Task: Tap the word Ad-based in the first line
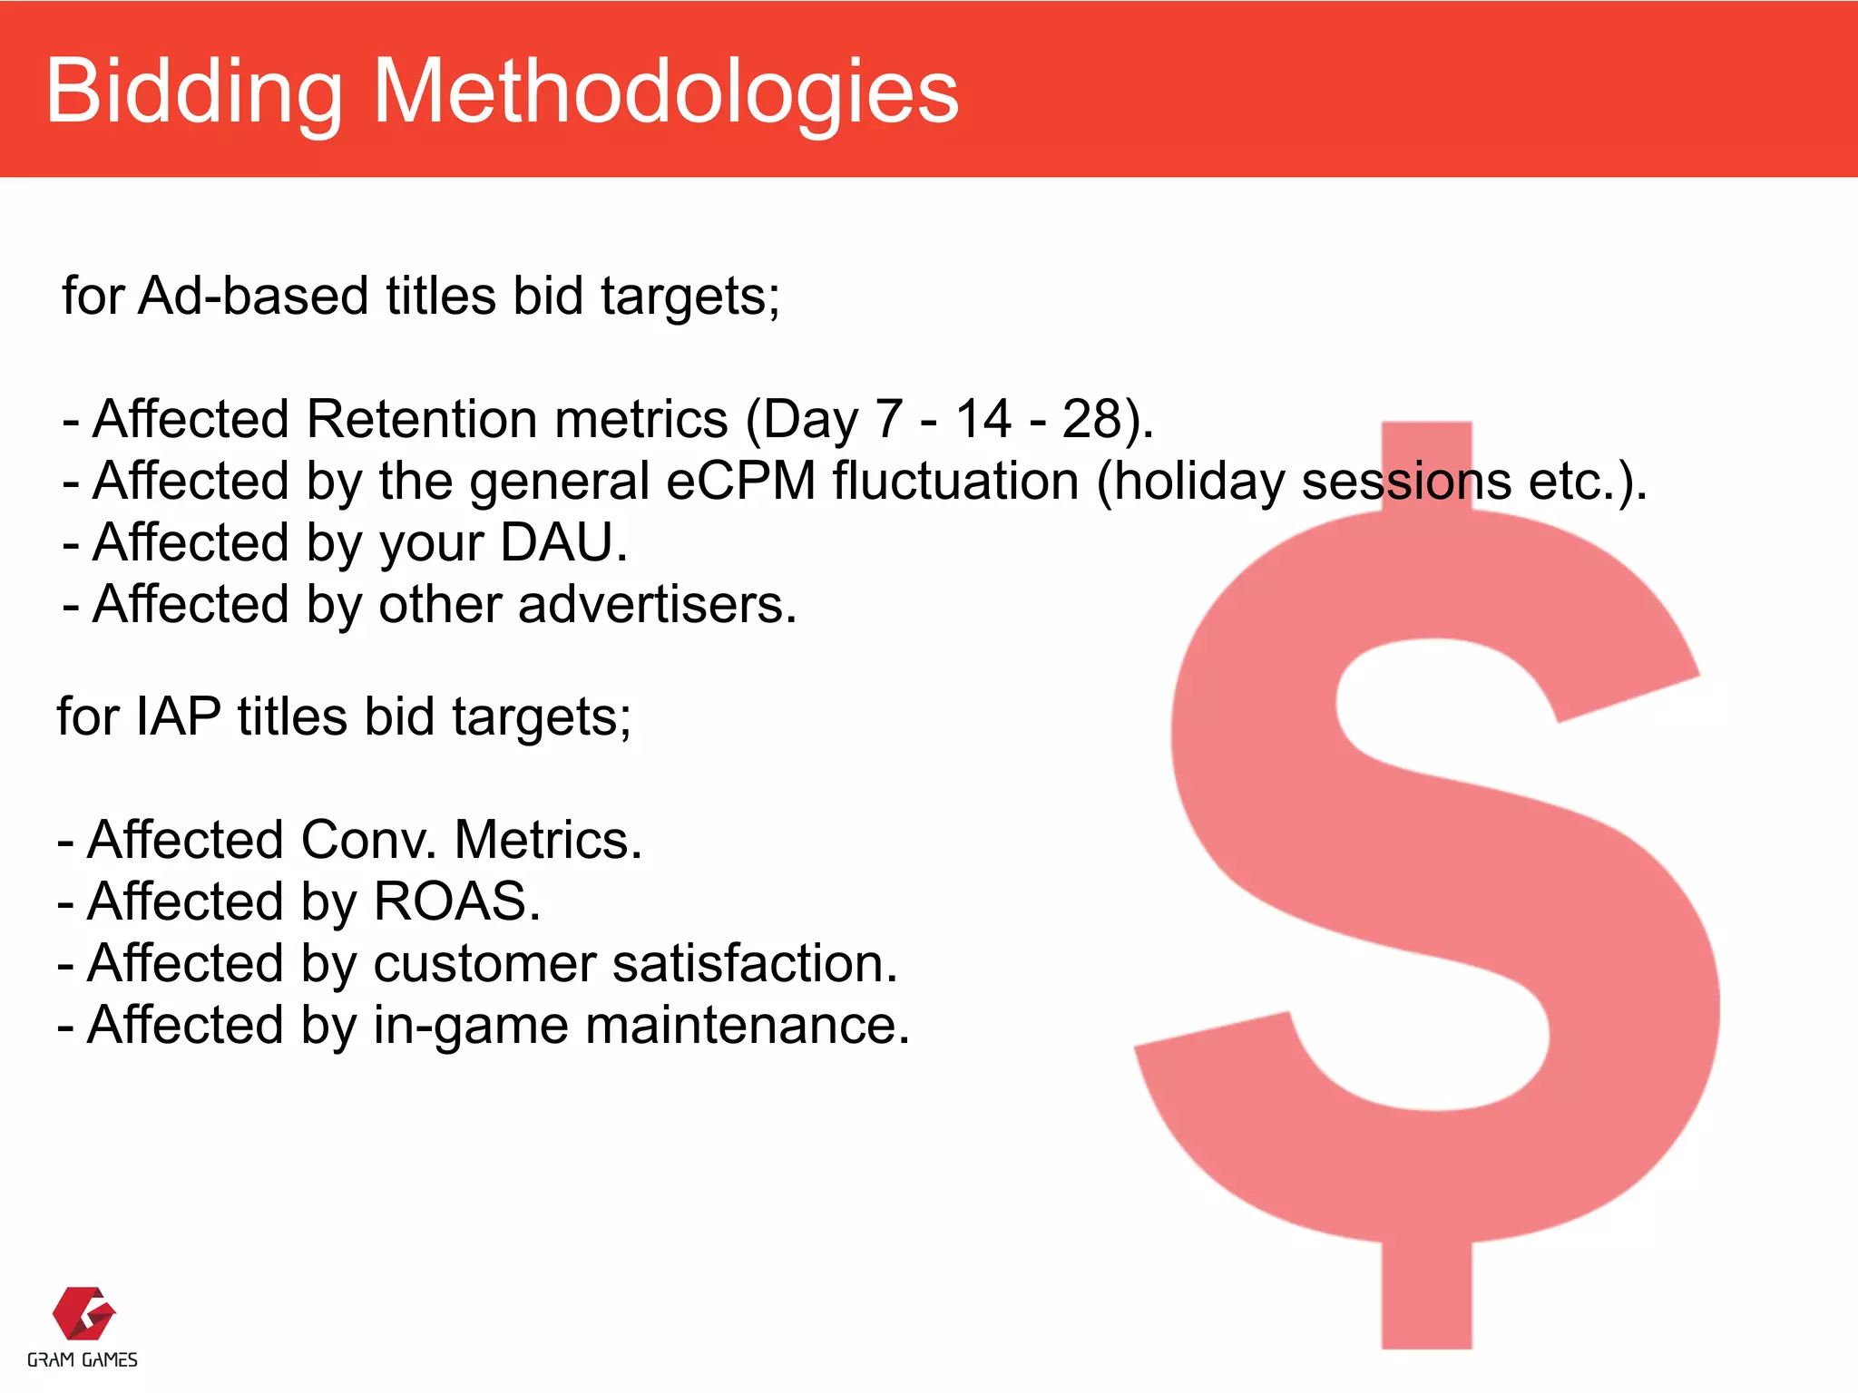tap(254, 296)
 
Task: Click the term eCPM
tap(740, 481)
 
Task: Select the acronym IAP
tap(178, 716)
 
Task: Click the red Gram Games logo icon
tap(83, 1312)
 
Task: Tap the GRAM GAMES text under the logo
tap(83, 1359)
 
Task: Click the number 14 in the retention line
tap(983, 419)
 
